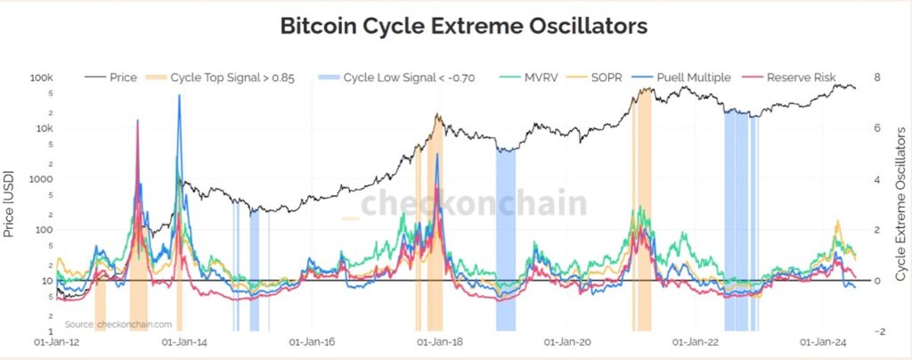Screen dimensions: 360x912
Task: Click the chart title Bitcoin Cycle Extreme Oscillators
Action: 463,25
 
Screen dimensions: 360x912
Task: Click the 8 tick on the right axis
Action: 877,78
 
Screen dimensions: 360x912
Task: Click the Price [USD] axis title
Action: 11,205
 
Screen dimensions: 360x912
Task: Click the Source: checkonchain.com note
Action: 119,324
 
